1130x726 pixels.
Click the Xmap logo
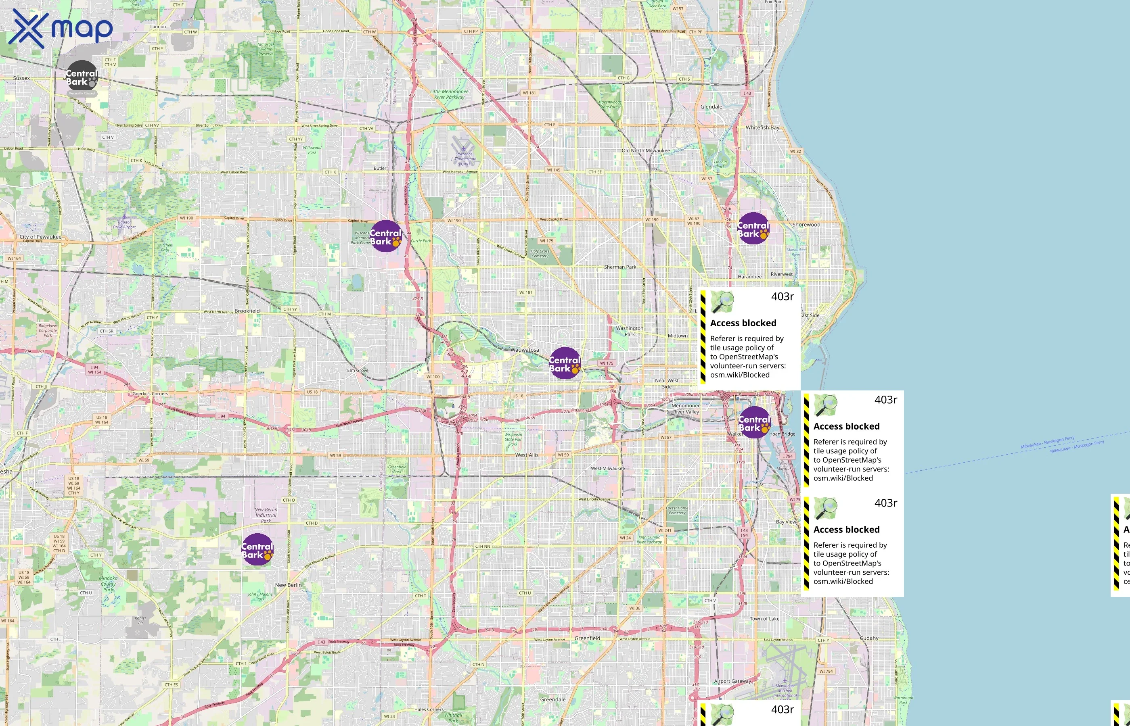(x=61, y=28)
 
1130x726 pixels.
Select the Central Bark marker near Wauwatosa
(x=565, y=363)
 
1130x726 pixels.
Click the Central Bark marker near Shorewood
(x=753, y=229)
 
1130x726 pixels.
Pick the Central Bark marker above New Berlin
(x=257, y=550)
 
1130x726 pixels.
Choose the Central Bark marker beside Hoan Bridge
(x=754, y=423)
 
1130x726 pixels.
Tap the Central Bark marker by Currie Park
(x=386, y=236)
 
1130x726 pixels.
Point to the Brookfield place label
(x=247, y=311)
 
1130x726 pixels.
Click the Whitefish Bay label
(x=762, y=128)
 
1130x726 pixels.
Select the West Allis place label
(x=527, y=455)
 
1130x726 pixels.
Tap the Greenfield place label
(x=587, y=638)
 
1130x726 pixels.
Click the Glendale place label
(x=711, y=107)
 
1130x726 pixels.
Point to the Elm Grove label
(x=358, y=371)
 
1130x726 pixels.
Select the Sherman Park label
(x=620, y=267)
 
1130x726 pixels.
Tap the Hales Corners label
(x=429, y=709)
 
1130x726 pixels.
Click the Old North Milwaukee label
(x=645, y=151)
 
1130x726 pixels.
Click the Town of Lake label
(x=764, y=619)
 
